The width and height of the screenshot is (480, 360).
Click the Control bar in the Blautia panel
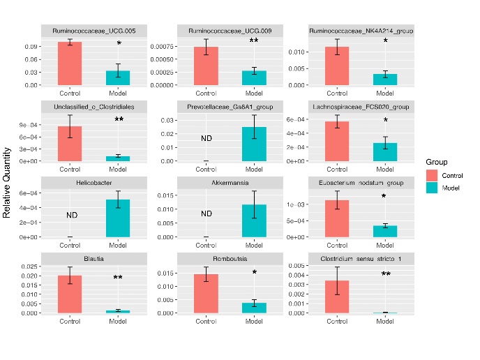coord(70,294)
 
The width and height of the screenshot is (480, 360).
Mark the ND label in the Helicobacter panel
coord(72,216)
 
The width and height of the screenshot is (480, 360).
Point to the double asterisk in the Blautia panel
coord(118,278)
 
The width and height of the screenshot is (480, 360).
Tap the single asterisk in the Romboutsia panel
coord(254,273)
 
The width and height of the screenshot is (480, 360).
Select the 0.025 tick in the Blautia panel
coord(30,267)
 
